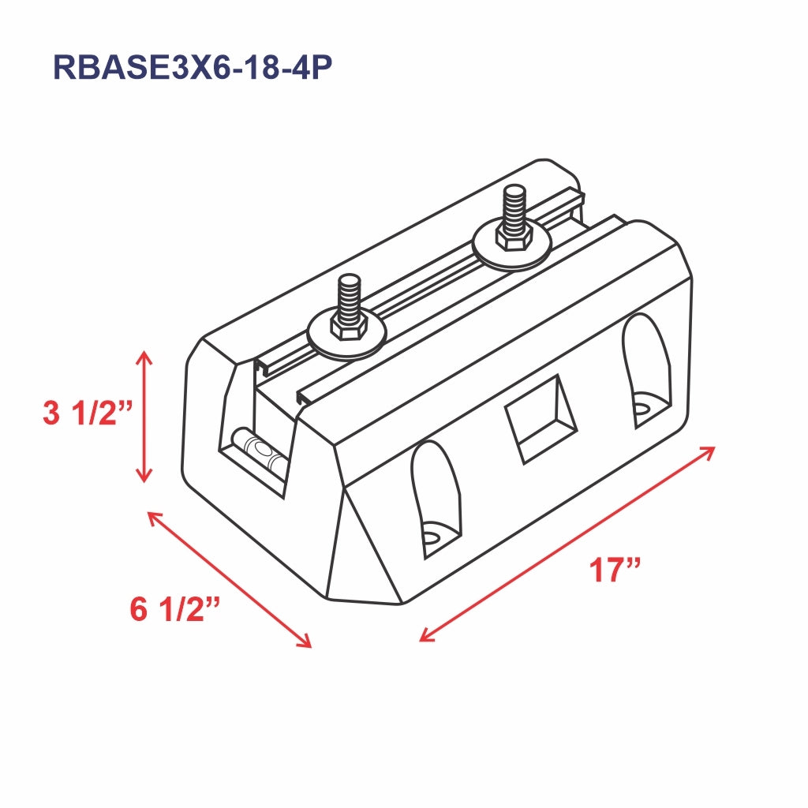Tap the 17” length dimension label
(x=615, y=570)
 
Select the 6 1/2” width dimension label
(x=174, y=609)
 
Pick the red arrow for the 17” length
(x=567, y=544)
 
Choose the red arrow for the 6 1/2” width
(x=230, y=579)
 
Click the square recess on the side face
(x=541, y=418)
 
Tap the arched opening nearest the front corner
(x=435, y=497)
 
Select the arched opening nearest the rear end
(x=646, y=371)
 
